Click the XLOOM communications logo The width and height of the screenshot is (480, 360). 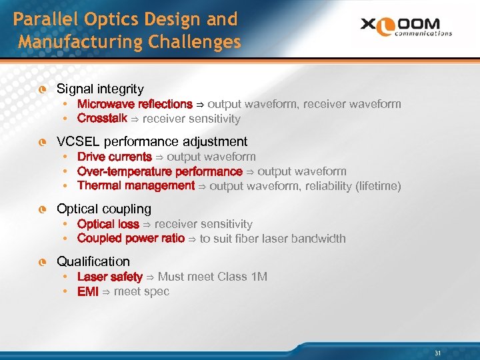[406, 26]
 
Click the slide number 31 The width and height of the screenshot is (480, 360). [438, 353]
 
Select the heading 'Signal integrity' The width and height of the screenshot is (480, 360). [100, 89]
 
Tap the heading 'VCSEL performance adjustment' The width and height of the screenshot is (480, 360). [152, 141]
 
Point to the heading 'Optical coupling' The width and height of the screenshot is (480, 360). [104, 209]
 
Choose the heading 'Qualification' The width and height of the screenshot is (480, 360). [93, 261]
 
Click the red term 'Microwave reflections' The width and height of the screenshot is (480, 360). [135, 104]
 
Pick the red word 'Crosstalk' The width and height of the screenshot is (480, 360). [102, 119]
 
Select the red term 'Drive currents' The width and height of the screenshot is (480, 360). [115, 157]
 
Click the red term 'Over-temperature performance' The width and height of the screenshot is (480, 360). [160, 171]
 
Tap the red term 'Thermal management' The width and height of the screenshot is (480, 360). [136, 186]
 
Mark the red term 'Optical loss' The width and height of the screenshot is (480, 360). [108, 224]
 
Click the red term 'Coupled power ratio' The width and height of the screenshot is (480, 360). [131, 239]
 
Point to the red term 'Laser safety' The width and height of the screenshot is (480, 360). [110, 277]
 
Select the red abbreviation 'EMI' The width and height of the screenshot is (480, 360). [88, 291]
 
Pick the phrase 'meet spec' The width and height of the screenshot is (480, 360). [141, 291]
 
